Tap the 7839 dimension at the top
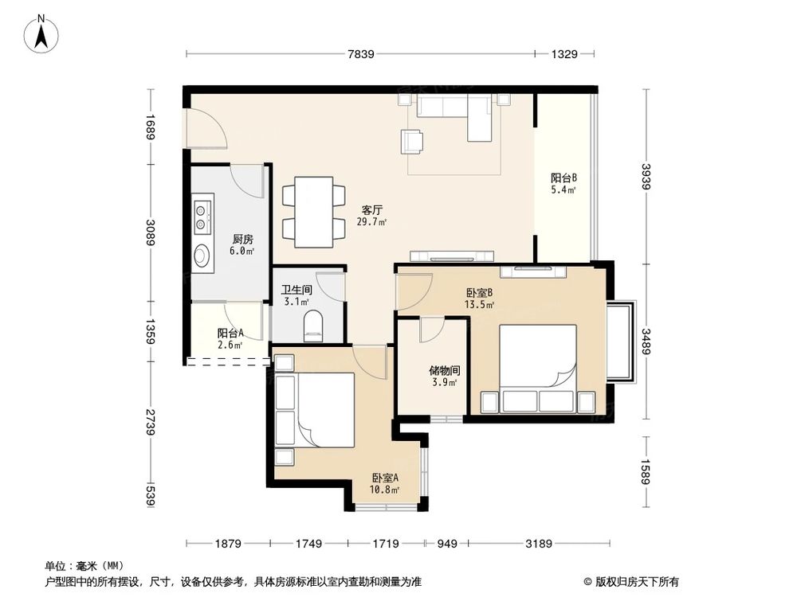tap(361, 54)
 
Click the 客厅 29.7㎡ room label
tap(372, 216)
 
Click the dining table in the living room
tap(313, 210)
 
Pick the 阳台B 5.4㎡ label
tap(563, 183)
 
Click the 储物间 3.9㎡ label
tap(443, 376)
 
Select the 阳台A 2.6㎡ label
tap(230, 338)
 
